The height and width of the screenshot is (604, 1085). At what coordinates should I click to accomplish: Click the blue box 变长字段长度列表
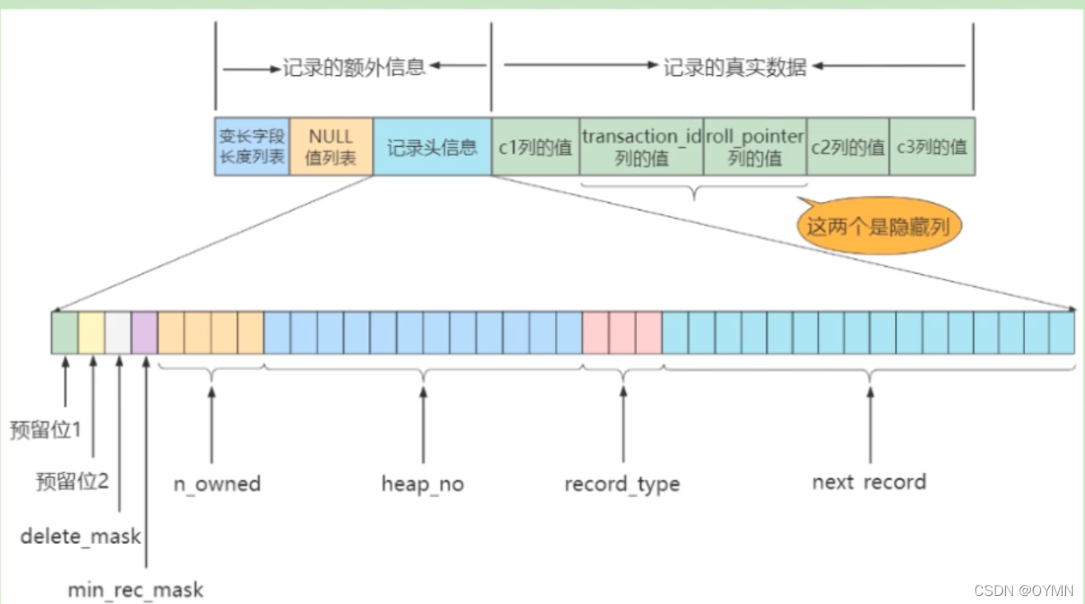[252, 147]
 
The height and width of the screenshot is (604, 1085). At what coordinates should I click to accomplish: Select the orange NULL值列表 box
[331, 147]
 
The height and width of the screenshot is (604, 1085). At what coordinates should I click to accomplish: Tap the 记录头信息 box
[432, 147]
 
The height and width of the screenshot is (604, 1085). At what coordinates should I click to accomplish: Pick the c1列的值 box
[535, 147]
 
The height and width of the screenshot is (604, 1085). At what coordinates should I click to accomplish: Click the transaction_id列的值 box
[641, 147]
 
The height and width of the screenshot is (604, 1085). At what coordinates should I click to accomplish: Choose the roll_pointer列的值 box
[754, 147]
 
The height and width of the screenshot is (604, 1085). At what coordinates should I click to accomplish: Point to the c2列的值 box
[848, 147]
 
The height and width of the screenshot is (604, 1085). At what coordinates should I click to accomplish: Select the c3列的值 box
[932, 147]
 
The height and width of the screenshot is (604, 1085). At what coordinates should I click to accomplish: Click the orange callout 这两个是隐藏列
[877, 227]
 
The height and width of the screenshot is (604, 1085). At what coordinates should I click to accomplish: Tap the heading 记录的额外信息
[354, 67]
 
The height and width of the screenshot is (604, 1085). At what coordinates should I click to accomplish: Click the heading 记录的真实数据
[735, 67]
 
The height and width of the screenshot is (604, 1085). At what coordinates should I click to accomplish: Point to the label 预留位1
[46, 430]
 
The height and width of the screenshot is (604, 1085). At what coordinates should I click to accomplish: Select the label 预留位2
[72, 482]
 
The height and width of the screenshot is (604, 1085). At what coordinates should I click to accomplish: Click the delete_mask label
[81, 536]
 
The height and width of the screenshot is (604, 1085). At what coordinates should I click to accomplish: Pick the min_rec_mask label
[136, 590]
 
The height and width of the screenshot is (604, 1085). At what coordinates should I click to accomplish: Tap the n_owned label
[217, 484]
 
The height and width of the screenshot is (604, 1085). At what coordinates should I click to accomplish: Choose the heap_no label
[422, 484]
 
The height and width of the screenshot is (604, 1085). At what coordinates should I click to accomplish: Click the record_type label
[622, 484]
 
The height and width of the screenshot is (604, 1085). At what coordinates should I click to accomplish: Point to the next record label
[869, 483]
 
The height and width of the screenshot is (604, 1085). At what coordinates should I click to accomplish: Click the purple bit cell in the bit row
[145, 332]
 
